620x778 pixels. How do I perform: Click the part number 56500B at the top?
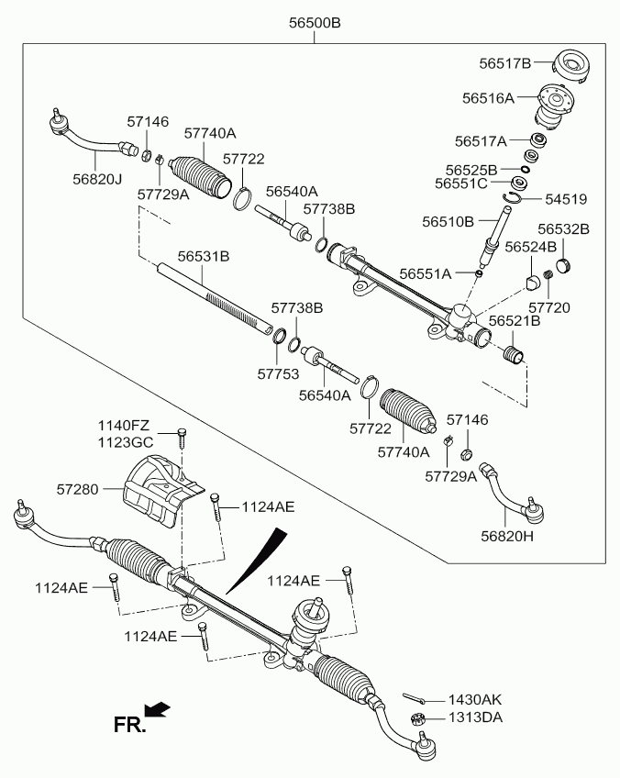pos(315,24)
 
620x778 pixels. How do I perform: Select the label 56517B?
pos(504,63)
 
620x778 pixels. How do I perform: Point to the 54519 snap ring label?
pos(566,199)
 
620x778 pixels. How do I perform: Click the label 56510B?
pos(448,221)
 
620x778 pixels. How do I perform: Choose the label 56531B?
pos(203,256)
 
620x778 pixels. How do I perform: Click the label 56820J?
pos(96,179)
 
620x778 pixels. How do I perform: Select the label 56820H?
pos(507,535)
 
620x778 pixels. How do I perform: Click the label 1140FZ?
pos(125,426)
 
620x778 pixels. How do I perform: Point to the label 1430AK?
pos(475,699)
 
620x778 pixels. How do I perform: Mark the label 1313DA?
pos(475,717)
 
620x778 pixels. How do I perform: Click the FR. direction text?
pos(130,725)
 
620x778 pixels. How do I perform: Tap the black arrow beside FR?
pos(159,708)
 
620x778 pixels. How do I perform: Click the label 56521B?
pos(514,321)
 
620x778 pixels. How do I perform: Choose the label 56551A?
pos(426,273)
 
